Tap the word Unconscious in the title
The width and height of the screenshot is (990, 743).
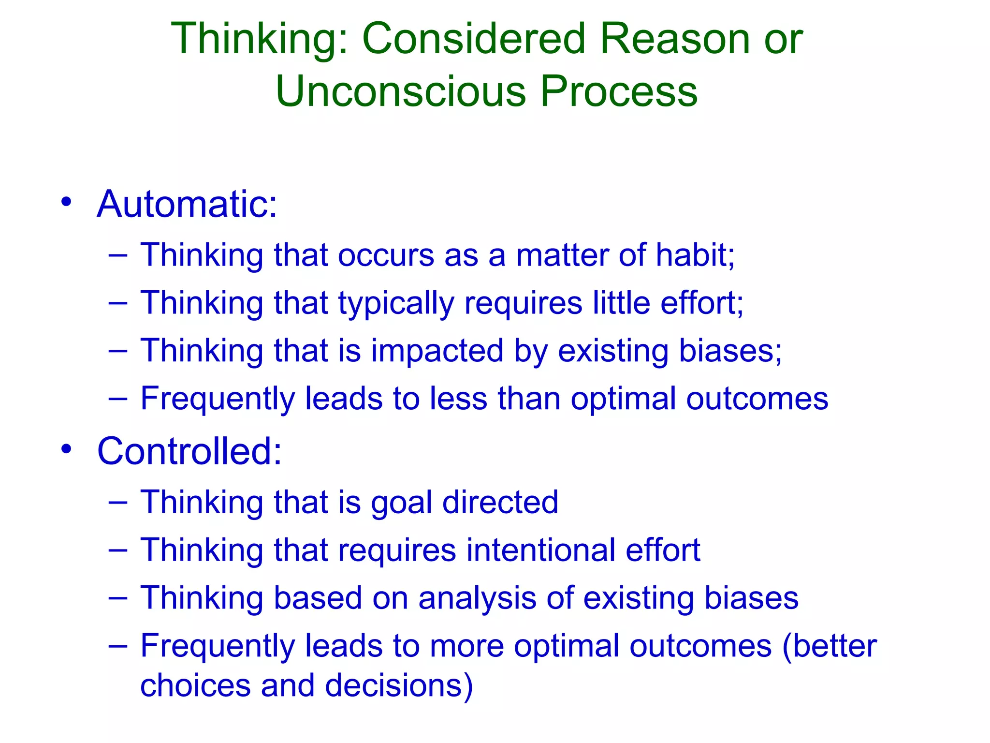(x=401, y=91)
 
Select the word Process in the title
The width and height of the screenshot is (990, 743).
(x=619, y=91)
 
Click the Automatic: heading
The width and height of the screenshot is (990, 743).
(x=187, y=204)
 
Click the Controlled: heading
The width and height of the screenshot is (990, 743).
(x=189, y=451)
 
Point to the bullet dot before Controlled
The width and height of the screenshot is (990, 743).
(x=67, y=448)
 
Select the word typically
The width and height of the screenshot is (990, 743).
(x=396, y=304)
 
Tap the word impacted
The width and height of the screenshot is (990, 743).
(x=437, y=351)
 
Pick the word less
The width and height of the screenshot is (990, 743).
(x=458, y=399)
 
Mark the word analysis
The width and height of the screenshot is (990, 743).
(x=477, y=598)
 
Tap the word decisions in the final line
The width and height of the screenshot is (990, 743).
(x=399, y=685)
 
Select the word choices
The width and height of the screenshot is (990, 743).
(x=195, y=685)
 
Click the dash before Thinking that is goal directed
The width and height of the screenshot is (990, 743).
(x=118, y=502)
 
